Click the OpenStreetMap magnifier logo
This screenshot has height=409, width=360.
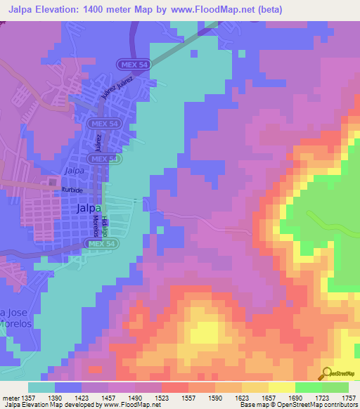pos(327,373)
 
